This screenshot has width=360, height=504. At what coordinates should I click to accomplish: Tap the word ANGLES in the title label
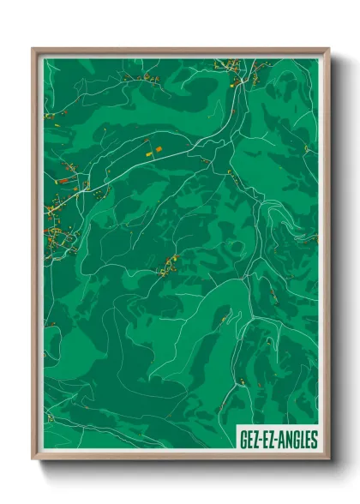tap(298, 441)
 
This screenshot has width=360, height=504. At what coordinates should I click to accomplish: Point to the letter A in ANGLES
tap(283, 441)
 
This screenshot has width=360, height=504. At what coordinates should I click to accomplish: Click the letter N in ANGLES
tap(289, 441)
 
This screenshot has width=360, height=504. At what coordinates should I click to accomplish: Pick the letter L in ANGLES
tap(302, 441)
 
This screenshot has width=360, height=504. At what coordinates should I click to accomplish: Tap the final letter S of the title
tap(313, 441)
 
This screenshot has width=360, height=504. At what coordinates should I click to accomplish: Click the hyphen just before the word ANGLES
tap(279, 441)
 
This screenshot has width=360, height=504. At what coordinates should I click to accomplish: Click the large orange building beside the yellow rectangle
tap(159, 149)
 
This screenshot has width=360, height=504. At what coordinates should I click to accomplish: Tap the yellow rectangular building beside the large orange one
tap(150, 153)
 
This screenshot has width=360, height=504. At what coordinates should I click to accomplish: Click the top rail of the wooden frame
tap(180, 50)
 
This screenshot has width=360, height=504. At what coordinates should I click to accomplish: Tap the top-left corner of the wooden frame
tap(33, 50)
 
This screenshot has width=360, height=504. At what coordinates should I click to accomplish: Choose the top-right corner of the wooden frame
tap(327, 50)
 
